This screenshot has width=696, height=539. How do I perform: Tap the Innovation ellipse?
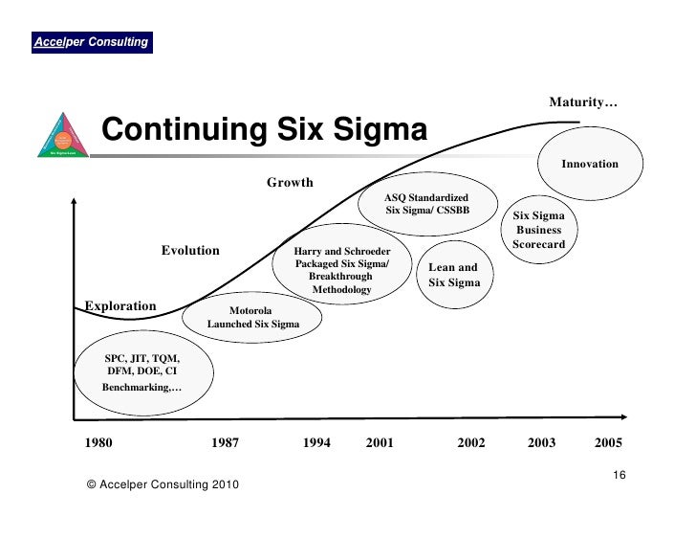589,165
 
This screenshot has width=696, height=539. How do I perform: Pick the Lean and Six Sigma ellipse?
453,275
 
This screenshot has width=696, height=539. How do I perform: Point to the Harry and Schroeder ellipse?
341,270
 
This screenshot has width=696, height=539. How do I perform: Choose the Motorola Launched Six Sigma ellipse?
252,317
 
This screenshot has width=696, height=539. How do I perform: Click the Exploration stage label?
120,306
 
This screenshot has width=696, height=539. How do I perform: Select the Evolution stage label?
189,251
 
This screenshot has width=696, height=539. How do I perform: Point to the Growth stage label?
289,182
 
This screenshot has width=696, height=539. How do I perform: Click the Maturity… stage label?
582,102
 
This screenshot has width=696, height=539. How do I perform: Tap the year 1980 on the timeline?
98,443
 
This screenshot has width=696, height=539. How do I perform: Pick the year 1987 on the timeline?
226,443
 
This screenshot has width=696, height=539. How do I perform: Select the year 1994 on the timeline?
316,443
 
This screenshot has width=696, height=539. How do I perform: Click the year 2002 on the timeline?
471,443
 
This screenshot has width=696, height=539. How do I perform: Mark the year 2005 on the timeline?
608,443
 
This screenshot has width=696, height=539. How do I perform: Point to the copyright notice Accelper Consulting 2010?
163,485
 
